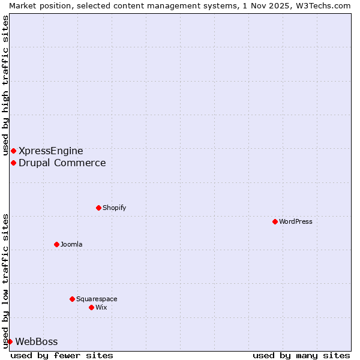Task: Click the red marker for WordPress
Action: [275, 221]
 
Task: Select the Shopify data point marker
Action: [98, 208]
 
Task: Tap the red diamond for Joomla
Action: [56, 244]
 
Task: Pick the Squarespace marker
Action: [72, 299]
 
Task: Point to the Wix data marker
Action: [91, 307]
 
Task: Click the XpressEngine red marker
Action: [13, 151]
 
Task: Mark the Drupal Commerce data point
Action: [13, 163]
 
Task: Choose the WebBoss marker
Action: [10, 341]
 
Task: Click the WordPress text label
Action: [296, 221]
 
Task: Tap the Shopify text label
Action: [114, 208]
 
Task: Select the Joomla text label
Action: [71, 244]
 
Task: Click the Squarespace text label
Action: [97, 299]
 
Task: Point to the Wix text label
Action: [101, 307]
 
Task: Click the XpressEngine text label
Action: [51, 151]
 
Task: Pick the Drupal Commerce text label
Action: [62, 163]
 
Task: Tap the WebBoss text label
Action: [37, 341]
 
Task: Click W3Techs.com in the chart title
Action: [326, 5]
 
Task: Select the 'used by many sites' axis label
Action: [301, 355]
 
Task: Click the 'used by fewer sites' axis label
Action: [62, 355]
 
